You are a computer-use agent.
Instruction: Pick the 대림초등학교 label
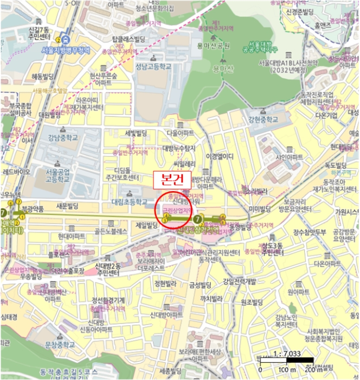click(x=130, y=201)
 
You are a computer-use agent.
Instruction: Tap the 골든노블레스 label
click(x=111, y=231)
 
